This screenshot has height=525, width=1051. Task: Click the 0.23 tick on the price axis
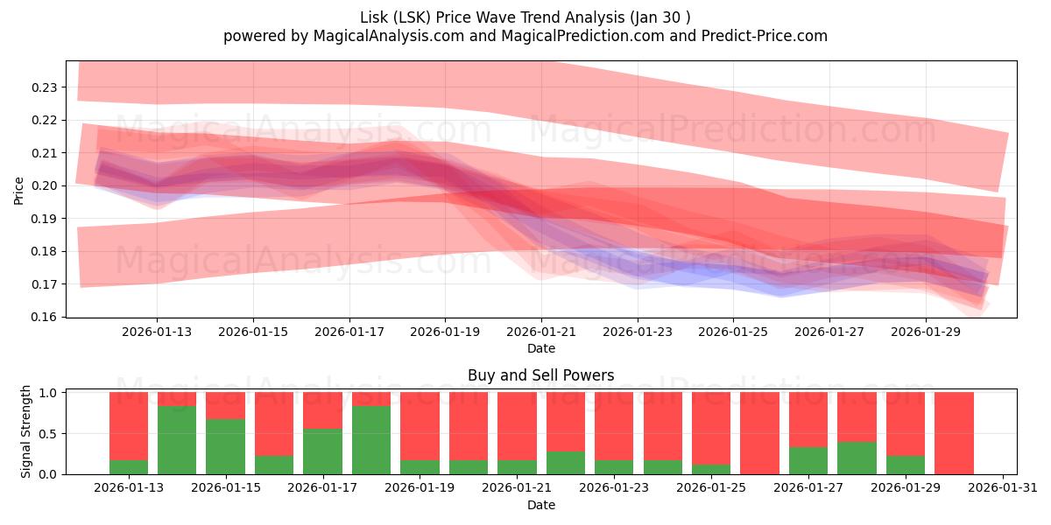point(46,87)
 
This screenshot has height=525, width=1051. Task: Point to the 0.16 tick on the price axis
point(46,317)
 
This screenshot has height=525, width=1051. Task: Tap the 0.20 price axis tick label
point(46,185)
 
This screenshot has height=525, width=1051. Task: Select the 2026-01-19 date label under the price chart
point(445,332)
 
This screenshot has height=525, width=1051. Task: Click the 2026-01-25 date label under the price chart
point(733,332)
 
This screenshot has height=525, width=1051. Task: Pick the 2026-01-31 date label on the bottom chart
point(1003,488)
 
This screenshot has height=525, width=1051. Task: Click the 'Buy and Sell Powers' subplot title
point(540,375)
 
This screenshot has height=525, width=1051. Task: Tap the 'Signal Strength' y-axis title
point(26,431)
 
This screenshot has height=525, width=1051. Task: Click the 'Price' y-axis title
point(18,190)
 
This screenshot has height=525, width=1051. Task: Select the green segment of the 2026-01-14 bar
point(177,440)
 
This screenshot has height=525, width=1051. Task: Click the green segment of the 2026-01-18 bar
point(371,440)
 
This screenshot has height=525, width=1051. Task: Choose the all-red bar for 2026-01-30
point(954,433)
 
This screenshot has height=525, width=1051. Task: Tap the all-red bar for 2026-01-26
point(759,433)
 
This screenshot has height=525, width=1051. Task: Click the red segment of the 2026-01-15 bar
point(225,405)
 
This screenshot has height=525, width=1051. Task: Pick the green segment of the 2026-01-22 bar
point(566,463)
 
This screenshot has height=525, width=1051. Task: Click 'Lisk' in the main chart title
point(375,17)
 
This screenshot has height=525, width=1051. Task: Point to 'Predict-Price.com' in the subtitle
point(768,36)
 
